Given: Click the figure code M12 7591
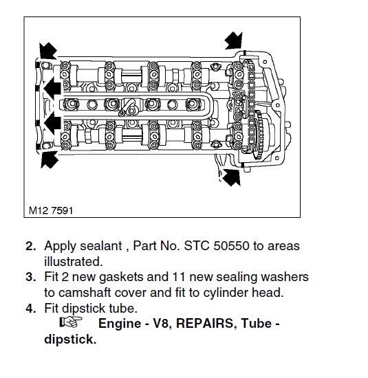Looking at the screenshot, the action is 51,210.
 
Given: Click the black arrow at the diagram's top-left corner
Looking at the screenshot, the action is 47,51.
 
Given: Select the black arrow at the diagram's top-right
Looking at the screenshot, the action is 234,41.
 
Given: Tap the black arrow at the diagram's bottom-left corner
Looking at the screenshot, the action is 50,159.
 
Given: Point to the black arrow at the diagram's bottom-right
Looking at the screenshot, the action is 231,177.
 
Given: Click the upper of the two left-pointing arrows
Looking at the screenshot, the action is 52,88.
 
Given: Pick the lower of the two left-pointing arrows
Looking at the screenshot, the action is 52,123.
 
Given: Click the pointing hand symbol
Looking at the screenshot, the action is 71,322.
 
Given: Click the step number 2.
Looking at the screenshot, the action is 31,246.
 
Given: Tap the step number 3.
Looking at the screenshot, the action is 31,277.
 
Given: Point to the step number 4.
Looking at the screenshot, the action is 31,309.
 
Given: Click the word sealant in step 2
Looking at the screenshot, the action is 101,246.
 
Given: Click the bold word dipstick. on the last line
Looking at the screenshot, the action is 70,340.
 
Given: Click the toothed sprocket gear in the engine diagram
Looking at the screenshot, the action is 259,135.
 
